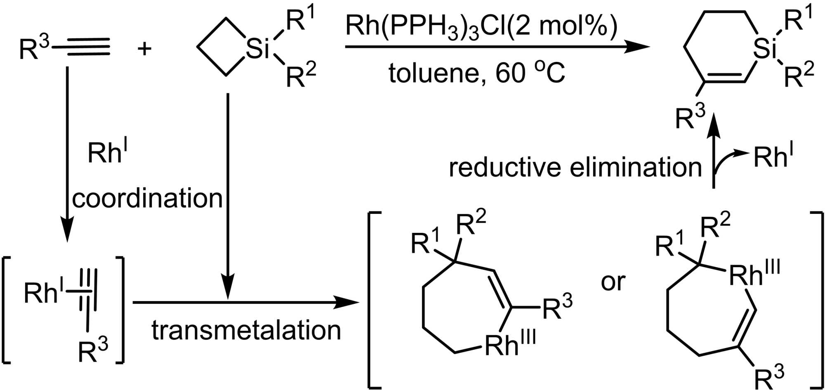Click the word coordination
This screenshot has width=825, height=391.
click(147, 199)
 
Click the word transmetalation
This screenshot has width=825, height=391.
click(246, 330)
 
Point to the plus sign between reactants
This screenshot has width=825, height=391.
click(144, 50)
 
